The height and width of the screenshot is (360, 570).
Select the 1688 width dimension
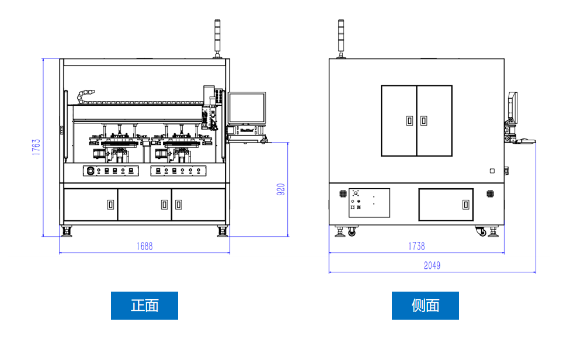[x=144, y=246]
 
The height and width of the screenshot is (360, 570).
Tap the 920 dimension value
[x=280, y=189]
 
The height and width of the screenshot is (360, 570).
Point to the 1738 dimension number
[x=416, y=246]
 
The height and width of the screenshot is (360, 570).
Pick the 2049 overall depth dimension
[x=432, y=265]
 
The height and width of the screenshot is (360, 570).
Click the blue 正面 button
[x=144, y=306]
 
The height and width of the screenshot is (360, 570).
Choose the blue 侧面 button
[x=425, y=306]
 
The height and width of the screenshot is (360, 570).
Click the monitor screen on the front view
[x=246, y=108]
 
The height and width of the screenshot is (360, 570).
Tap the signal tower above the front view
[x=217, y=38]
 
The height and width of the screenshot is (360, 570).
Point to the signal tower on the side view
[x=341, y=38]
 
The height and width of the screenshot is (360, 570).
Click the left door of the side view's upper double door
[x=399, y=121]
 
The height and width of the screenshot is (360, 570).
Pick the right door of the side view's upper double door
[x=435, y=121]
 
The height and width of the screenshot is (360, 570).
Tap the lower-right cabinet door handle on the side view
[x=465, y=205]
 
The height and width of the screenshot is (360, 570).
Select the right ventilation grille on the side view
[x=491, y=193]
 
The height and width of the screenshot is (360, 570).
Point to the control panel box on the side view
[x=369, y=203]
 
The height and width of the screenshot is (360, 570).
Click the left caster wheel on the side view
[x=352, y=233]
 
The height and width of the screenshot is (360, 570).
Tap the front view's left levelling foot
[x=67, y=232]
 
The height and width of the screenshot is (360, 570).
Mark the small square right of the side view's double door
[x=492, y=171]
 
